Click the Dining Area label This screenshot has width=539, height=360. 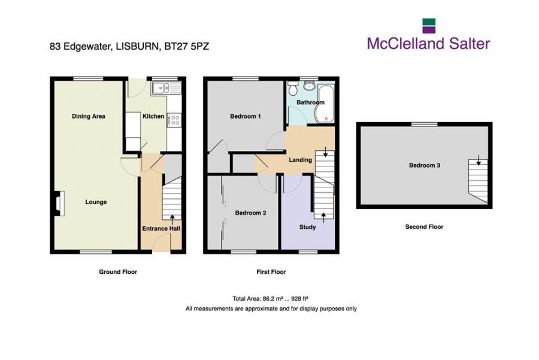pyautogui.click(x=89, y=116)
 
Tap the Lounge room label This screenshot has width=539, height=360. pyautogui.click(x=96, y=202)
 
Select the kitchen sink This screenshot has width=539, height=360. pyautogui.click(x=166, y=88)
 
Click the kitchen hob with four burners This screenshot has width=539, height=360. pyautogui.click(x=175, y=120)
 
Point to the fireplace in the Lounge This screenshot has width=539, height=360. pyautogui.click(x=59, y=203)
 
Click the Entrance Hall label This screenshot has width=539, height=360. pyautogui.click(x=161, y=228)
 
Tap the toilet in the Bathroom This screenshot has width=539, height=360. pyautogui.click(x=293, y=89)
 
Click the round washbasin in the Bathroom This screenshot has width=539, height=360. pyautogui.click(x=310, y=86)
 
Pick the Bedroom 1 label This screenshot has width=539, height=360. pyautogui.click(x=246, y=116)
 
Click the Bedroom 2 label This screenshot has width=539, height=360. pyautogui.click(x=250, y=213)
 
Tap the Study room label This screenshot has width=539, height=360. pyautogui.click(x=307, y=227)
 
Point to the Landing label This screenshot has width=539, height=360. pyautogui.click(x=300, y=160)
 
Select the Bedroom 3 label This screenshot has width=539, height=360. pyautogui.click(x=425, y=165)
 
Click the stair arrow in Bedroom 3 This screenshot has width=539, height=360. pyautogui.click(x=479, y=160)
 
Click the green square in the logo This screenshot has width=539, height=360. pyautogui.click(x=429, y=22)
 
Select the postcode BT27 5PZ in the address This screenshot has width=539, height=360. pyautogui.click(x=187, y=46)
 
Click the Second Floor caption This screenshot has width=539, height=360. pyautogui.click(x=424, y=226)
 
